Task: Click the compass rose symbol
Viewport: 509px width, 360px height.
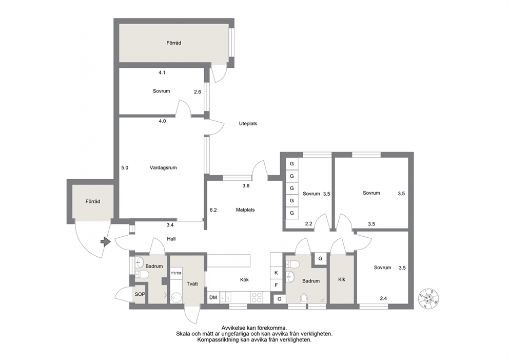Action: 428,298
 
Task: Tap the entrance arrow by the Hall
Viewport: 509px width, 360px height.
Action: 106,242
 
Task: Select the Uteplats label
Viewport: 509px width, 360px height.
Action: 248,123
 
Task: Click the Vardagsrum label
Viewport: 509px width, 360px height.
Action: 163,167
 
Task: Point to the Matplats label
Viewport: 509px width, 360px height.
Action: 245,210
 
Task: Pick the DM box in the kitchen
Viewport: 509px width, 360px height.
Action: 213,297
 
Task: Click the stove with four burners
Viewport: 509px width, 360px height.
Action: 257,297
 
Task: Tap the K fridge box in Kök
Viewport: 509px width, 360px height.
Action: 276,273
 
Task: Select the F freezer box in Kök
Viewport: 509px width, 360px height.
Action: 276,285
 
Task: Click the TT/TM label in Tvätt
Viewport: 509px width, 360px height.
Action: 177,273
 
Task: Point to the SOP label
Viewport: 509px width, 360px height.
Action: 140,294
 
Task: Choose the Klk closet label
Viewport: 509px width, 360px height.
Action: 342,279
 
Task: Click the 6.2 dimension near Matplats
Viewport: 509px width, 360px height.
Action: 213,210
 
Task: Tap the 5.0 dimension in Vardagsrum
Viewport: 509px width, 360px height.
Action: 125,167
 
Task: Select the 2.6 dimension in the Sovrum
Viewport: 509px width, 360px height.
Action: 198,92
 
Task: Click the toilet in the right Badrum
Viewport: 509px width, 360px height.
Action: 304,298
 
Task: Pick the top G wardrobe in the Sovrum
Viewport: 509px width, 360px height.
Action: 292,164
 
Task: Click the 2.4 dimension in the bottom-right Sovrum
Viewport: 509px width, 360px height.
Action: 383,298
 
